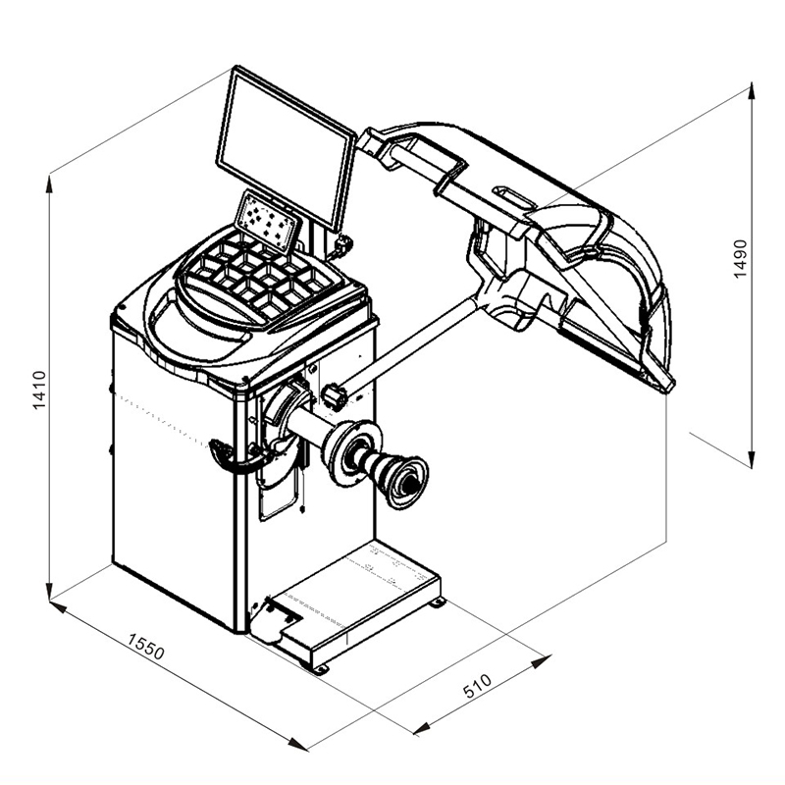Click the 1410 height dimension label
(x=39, y=390)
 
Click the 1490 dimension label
(x=740, y=259)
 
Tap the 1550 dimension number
(x=145, y=647)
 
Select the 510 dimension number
(x=477, y=686)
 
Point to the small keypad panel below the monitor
(x=269, y=222)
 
